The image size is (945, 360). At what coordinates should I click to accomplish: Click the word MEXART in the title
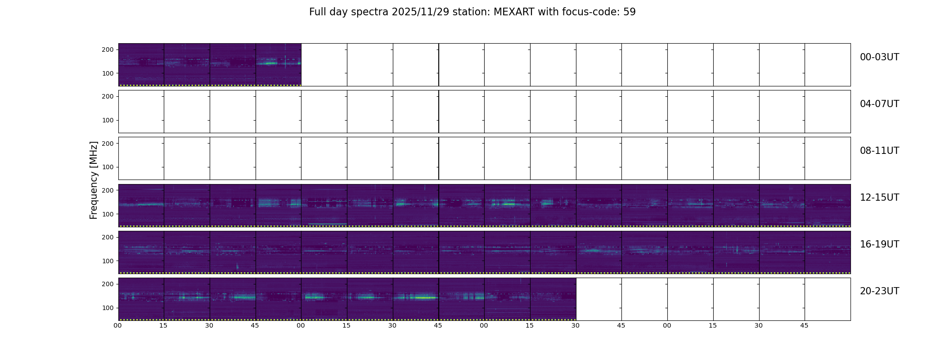[x=512, y=12]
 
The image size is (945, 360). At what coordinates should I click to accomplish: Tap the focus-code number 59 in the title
[x=630, y=12]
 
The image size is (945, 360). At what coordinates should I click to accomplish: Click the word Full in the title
[x=317, y=12]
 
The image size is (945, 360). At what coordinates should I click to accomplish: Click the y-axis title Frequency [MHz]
[x=94, y=180]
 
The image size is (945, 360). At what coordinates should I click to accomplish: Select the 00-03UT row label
[x=879, y=57]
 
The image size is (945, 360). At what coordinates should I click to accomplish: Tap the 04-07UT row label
[x=879, y=104]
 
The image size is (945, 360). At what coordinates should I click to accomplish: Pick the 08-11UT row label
[x=879, y=151]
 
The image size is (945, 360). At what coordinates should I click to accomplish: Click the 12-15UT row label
[x=879, y=198]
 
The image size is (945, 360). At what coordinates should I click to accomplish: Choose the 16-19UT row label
[x=879, y=244]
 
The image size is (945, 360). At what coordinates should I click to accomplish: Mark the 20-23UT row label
[x=879, y=291]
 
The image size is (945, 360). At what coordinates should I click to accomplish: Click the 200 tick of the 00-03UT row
[x=108, y=49]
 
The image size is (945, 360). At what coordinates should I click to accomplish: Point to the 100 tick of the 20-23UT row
[x=108, y=308]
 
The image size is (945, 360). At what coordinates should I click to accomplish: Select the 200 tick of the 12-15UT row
[x=108, y=190]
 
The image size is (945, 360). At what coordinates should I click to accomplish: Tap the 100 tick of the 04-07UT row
[x=108, y=120]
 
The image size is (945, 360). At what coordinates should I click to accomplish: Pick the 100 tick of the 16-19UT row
[x=108, y=261]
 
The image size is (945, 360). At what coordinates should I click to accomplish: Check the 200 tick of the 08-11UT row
[x=108, y=144]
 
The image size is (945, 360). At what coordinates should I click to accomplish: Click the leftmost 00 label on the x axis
[x=117, y=325]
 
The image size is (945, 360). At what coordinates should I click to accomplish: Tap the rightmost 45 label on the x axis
[x=804, y=325]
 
